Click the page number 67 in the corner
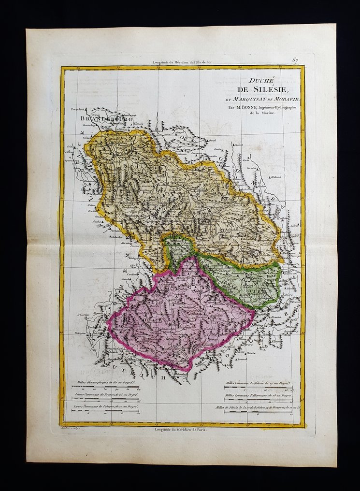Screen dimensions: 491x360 [294, 60]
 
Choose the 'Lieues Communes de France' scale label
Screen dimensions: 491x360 [104, 395]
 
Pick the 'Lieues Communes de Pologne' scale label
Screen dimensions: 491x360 [105, 408]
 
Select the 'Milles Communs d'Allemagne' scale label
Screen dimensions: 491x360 [259, 395]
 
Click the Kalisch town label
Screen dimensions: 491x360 [237, 145]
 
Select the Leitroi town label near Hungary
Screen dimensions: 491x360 [242, 359]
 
